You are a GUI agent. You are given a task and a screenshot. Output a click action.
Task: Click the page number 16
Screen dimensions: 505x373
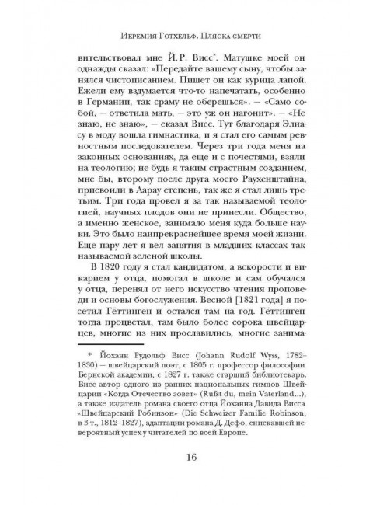point(186,479)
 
